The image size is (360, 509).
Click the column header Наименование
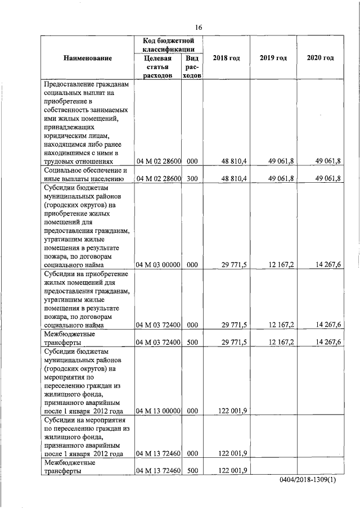coord(87,58)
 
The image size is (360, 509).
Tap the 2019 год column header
coord(273,58)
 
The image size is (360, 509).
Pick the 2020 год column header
coord(320,58)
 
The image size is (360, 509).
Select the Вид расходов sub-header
coord(192,67)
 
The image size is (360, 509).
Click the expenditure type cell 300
coord(192,179)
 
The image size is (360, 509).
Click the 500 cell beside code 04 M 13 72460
coord(192,471)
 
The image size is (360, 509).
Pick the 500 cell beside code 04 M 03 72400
coord(192,342)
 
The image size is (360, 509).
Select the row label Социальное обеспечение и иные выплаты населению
coord(87,174)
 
